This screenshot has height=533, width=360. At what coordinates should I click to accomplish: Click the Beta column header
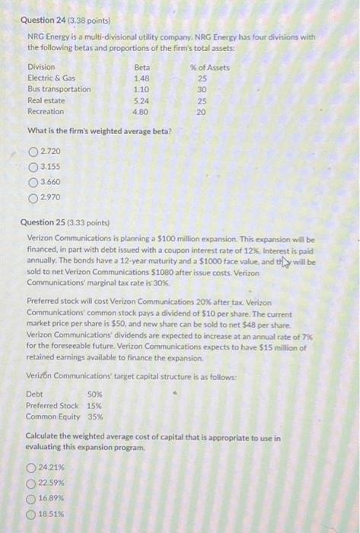(142, 67)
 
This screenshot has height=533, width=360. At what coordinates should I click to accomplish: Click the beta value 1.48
(142, 78)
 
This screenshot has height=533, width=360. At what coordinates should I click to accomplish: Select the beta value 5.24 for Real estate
(142, 100)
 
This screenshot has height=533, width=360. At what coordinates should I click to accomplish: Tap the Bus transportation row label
(59, 89)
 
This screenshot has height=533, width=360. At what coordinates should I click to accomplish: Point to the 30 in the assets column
(202, 89)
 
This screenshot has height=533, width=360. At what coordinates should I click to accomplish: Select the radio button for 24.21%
(32, 468)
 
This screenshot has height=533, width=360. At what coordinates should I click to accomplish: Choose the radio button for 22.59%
(32, 483)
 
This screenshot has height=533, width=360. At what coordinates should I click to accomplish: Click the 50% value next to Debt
(95, 394)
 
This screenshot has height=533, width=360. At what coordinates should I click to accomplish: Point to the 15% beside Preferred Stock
(95, 405)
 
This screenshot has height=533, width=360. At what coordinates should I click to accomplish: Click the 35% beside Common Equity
(95, 417)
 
